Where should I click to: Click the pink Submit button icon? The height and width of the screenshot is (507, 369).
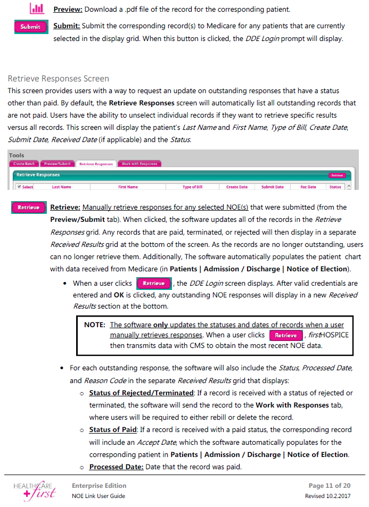tap(30, 27)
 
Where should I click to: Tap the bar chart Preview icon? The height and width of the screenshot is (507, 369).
tap(37, 9)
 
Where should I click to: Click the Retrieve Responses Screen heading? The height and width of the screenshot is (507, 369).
tap(58, 79)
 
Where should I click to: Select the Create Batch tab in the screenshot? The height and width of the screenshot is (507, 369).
tap(24, 164)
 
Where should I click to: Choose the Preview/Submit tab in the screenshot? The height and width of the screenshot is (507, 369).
tap(58, 164)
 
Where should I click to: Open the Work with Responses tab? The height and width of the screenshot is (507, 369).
tap(140, 164)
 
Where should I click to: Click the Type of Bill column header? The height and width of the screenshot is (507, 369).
tap(192, 187)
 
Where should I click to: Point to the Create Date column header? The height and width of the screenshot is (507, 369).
tap(236, 187)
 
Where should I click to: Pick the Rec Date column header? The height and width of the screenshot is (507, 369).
tap(308, 187)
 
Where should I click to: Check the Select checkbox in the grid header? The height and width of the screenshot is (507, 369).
tap(19, 187)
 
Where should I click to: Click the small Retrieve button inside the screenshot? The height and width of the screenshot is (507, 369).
tap(337, 175)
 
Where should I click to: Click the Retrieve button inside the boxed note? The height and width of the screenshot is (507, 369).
tap(285, 336)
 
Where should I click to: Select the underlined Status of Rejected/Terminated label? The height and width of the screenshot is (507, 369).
tap(141, 393)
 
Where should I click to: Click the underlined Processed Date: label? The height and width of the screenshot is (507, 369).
tap(116, 467)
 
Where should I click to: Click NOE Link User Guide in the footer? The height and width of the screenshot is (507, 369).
tap(99, 496)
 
